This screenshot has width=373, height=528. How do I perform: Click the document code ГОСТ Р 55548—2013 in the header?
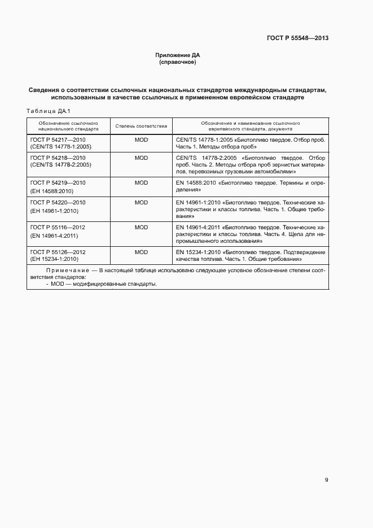point(297,38)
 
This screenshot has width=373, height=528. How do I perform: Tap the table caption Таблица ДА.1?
point(47,111)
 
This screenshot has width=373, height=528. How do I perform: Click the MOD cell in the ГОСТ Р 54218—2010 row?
point(141,158)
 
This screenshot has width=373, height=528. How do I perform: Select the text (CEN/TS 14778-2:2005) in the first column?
point(60,165)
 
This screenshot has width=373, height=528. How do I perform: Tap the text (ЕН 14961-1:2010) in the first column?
point(54,211)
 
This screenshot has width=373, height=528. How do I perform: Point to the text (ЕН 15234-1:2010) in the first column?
point(54,259)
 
